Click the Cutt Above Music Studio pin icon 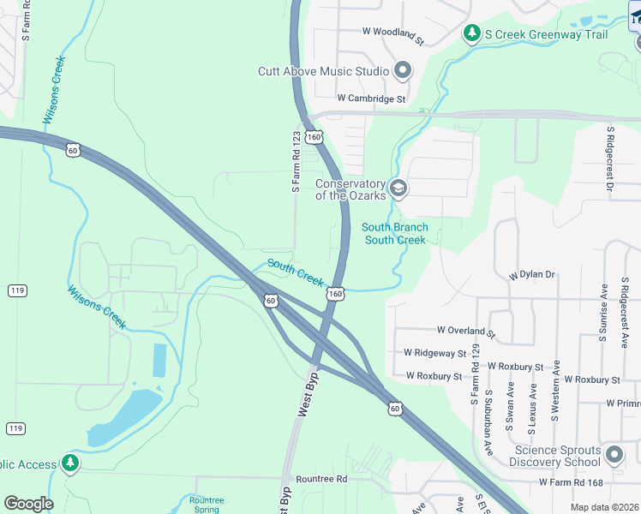coord(403,71)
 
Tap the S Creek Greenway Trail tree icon coord(470,33)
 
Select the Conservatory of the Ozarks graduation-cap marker coord(398,187)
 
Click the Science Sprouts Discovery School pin coord(614,454)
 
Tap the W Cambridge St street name coord(371,99)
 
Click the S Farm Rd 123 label coord(296,161)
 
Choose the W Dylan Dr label coord(531,275)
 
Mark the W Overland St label coord(466,330)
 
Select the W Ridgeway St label coord(434,353)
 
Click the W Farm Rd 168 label coord(578,483)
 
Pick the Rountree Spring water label coord(206,505)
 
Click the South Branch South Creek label coord(394,233)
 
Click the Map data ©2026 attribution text coord(603,507)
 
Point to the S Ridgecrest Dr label coord(611,158)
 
